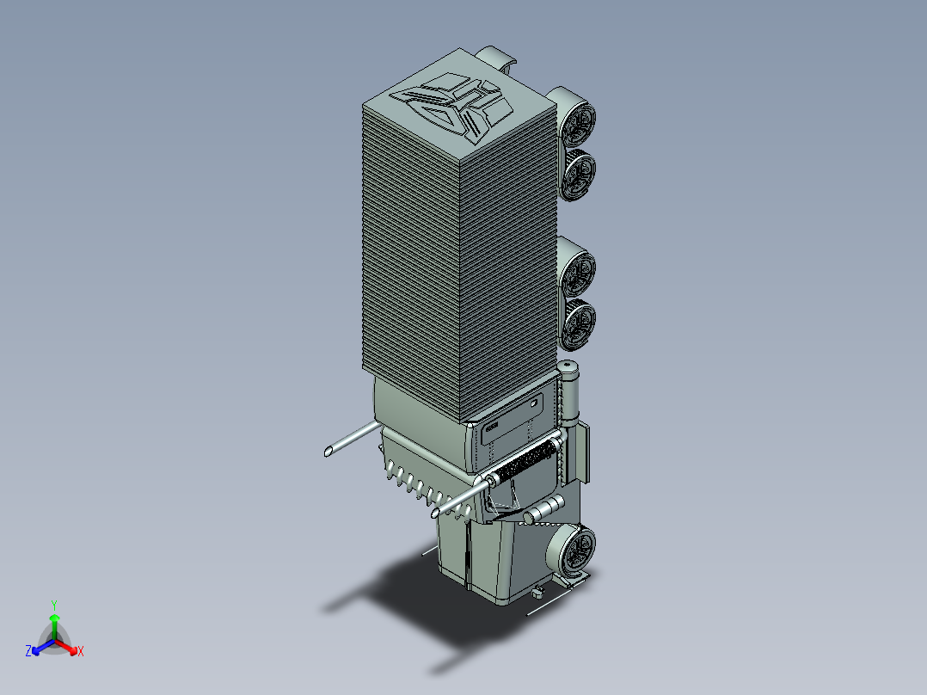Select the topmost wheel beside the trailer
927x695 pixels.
578,123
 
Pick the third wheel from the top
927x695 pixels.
579,270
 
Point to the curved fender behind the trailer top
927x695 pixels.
500,58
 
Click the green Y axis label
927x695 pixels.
53,604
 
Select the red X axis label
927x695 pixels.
81,652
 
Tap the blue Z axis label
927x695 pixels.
28,652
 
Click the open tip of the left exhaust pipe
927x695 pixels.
329,451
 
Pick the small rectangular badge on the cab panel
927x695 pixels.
492,425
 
